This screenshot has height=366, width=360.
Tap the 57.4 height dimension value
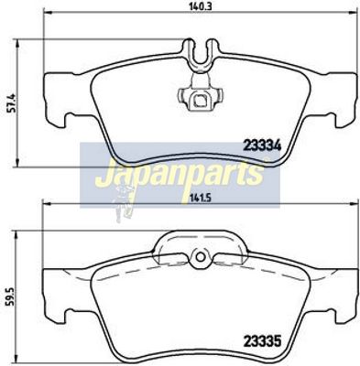click(x=11, y=103)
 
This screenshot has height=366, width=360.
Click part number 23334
click(x=262, y=146)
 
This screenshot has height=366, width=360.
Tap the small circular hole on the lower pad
click(x=201, y=257)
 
